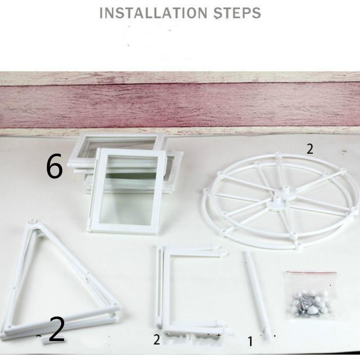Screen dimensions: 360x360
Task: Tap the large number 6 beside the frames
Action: [x=54, y=167]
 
